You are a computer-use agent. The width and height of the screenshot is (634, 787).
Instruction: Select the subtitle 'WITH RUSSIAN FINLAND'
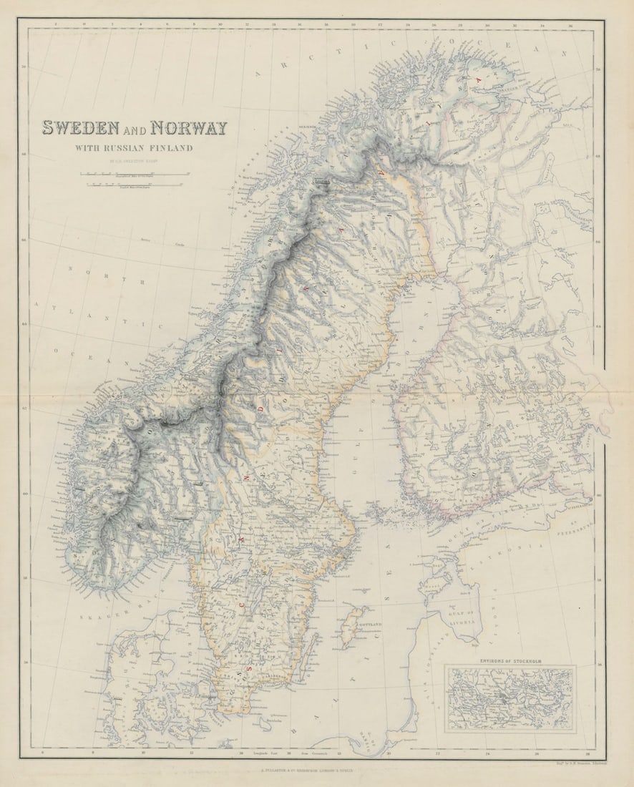coord(135,149)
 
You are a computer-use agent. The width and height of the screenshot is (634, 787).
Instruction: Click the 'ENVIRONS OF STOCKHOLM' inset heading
coord(509,660)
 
